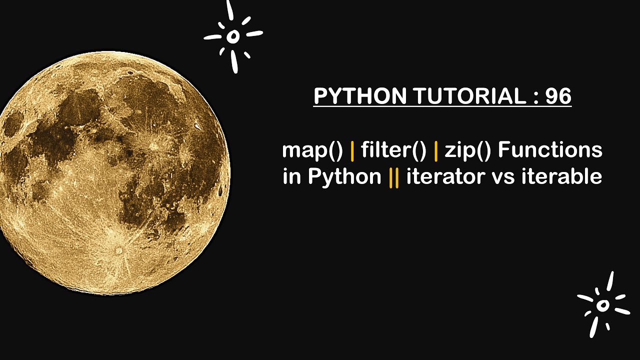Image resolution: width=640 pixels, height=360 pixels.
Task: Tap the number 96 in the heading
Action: click(558, 96)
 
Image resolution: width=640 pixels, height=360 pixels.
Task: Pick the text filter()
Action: click(393, 150)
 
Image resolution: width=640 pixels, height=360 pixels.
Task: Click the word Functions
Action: click(550, 150)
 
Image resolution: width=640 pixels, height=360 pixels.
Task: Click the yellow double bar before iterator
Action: click(394, 177)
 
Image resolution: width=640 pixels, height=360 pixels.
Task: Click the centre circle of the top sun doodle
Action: click(232, 36)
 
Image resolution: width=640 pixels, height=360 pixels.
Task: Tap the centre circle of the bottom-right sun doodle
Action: click(603, 304)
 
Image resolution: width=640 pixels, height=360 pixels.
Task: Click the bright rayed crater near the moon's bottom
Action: click(119, 250)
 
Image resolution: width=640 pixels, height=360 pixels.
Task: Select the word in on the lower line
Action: click(290, 177)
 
